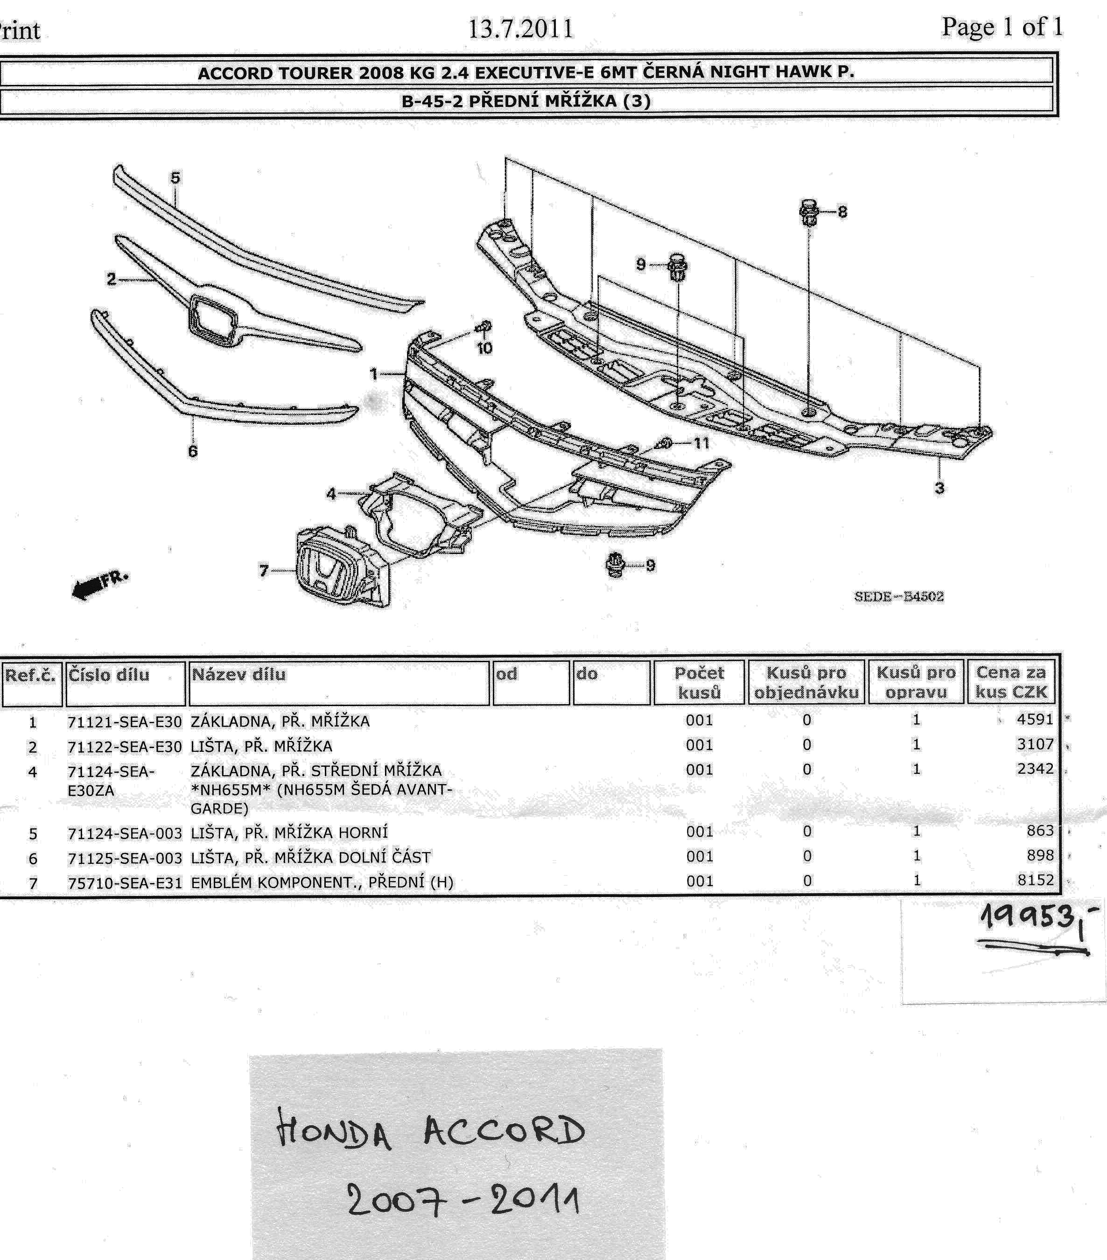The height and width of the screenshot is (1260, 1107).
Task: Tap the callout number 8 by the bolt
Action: [x=842, y=211]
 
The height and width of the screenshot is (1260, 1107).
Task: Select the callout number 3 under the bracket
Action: [x=939, y=488]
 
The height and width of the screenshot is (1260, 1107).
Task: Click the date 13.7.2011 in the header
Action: [x=521, y=29]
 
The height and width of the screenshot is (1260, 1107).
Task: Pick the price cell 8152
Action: [x=1036, y=880]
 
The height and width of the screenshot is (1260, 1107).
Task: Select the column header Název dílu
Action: [x=238, y=674]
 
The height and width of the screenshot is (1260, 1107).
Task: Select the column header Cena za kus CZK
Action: [x=1011, y=682]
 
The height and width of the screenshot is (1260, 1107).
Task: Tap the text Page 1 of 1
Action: [x=1002, y=27]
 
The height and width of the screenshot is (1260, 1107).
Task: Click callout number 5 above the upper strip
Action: [x=175, y=178]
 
